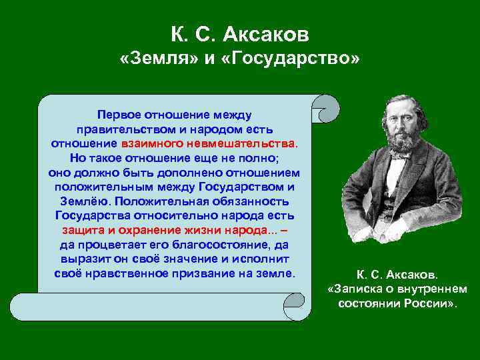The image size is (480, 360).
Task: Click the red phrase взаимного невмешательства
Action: click(209, 143)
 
